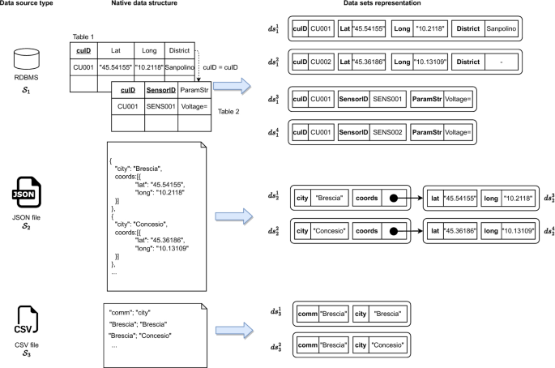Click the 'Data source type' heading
tap(31, 6)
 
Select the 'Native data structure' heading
tap(143, 6)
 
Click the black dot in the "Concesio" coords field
tap(392, 231)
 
